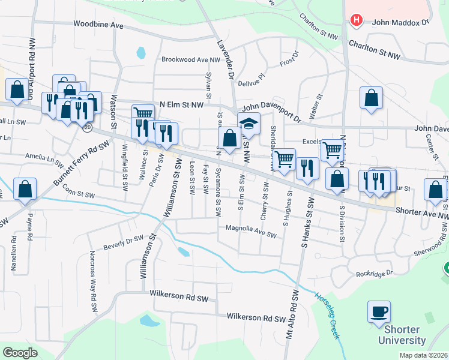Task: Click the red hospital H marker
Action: tap(357, 20)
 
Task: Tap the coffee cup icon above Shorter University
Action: tap(379, 312)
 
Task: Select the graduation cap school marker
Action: tap(248, 124)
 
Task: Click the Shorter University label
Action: tap(402, 335)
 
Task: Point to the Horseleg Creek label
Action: tap(328, 316)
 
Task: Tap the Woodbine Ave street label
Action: tap(98, 25)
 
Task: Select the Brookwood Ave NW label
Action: tap(191, 59)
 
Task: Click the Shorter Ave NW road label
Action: tap(422, 212)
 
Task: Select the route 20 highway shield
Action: tap(88, 128)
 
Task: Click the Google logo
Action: tap(20, 353)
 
